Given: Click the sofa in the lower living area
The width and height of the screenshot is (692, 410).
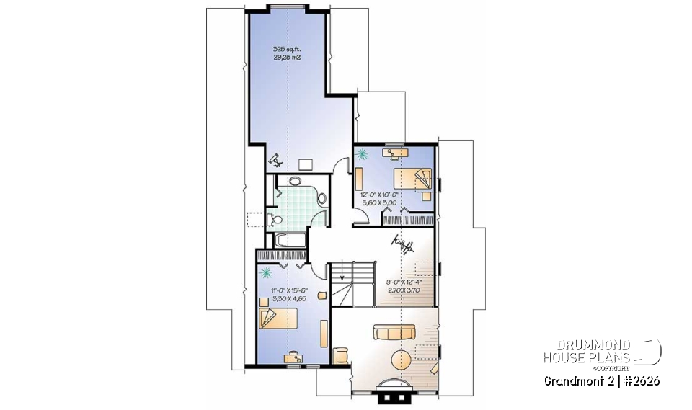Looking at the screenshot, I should coord(393,333).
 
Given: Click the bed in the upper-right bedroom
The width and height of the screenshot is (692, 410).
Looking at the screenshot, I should coord(413,180).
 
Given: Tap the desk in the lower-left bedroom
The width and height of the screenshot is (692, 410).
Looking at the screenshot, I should coord(294,356).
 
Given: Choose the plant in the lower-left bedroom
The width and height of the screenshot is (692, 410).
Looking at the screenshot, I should coord(267,272).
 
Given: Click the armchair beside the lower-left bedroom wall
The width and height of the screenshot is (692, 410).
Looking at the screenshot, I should coord(342,354).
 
